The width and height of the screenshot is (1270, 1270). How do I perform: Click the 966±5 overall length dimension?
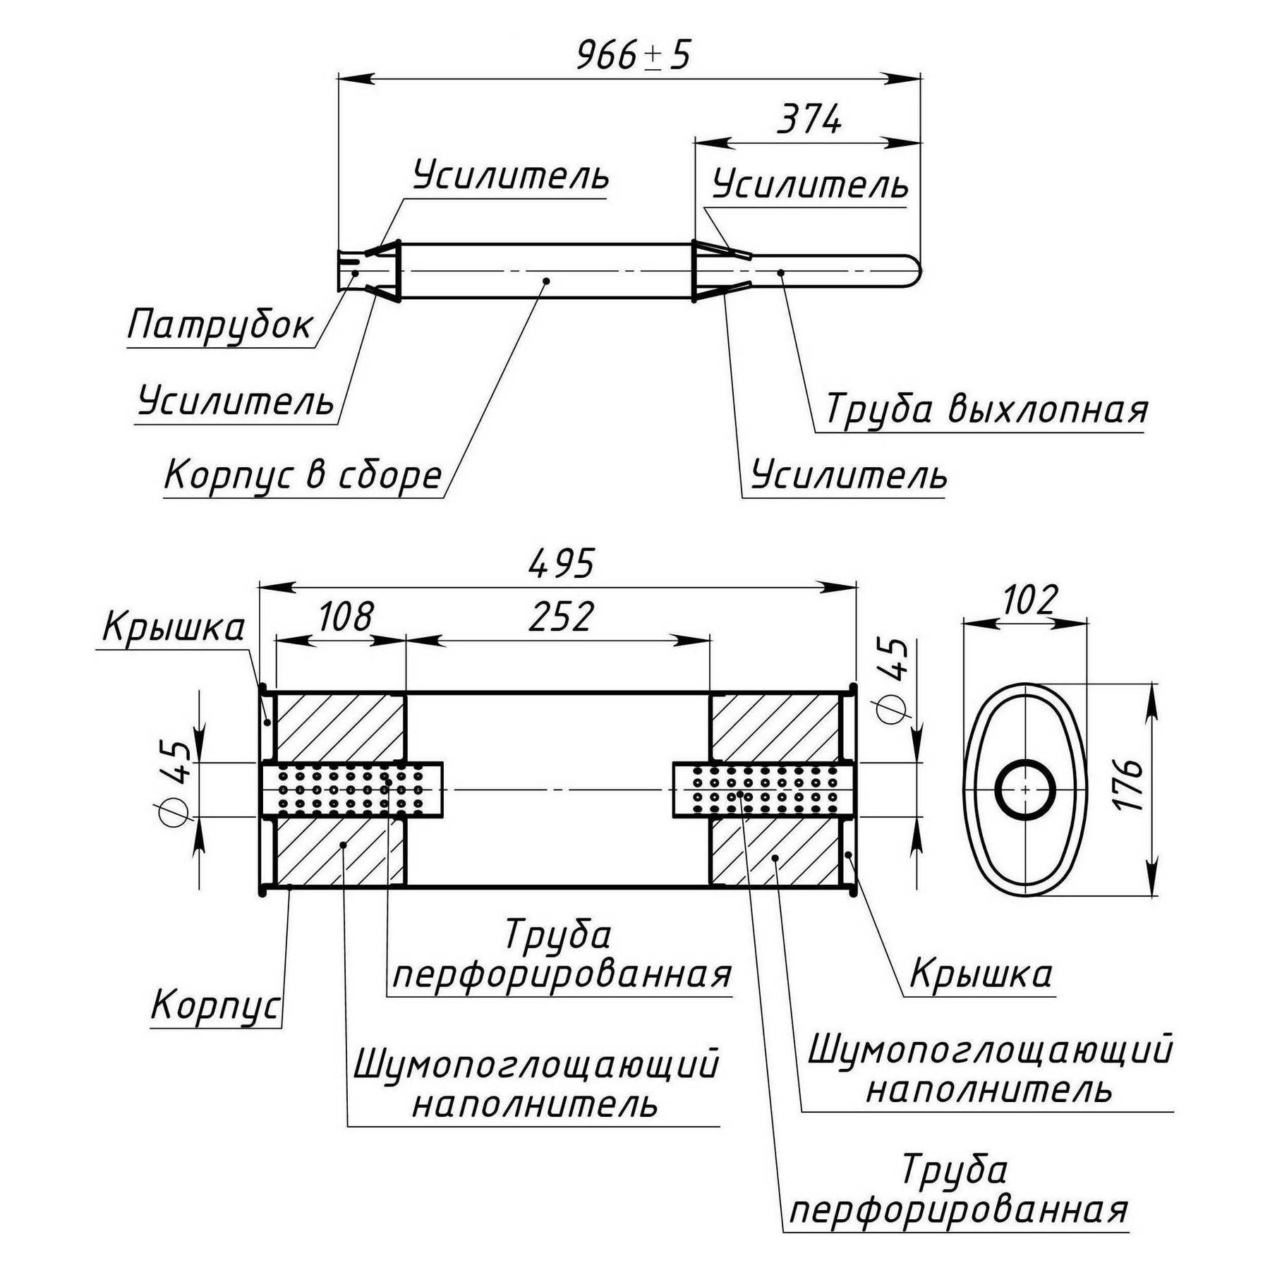[633, 55]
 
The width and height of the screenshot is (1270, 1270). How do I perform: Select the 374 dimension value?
[809, 120]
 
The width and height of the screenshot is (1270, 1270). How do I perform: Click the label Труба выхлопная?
[986, 409]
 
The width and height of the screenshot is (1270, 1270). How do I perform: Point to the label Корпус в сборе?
[303, 475]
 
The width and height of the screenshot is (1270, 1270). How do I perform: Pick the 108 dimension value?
[345, 617]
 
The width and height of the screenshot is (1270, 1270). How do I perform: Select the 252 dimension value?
[562, 617]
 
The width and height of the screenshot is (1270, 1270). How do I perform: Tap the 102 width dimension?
[1029, 600]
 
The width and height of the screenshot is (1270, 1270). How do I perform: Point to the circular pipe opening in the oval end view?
[1025, 790]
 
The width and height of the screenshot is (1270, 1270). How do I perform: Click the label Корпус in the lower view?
[215, 1005]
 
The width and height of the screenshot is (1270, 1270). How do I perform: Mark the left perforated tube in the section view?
[351, 790]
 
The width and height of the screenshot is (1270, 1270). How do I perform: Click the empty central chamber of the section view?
[557, 741]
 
